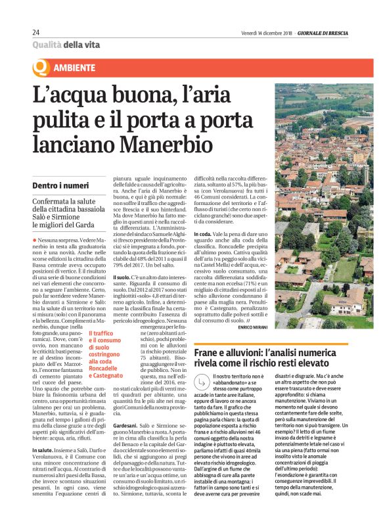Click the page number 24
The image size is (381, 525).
[x=36, y=32]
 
